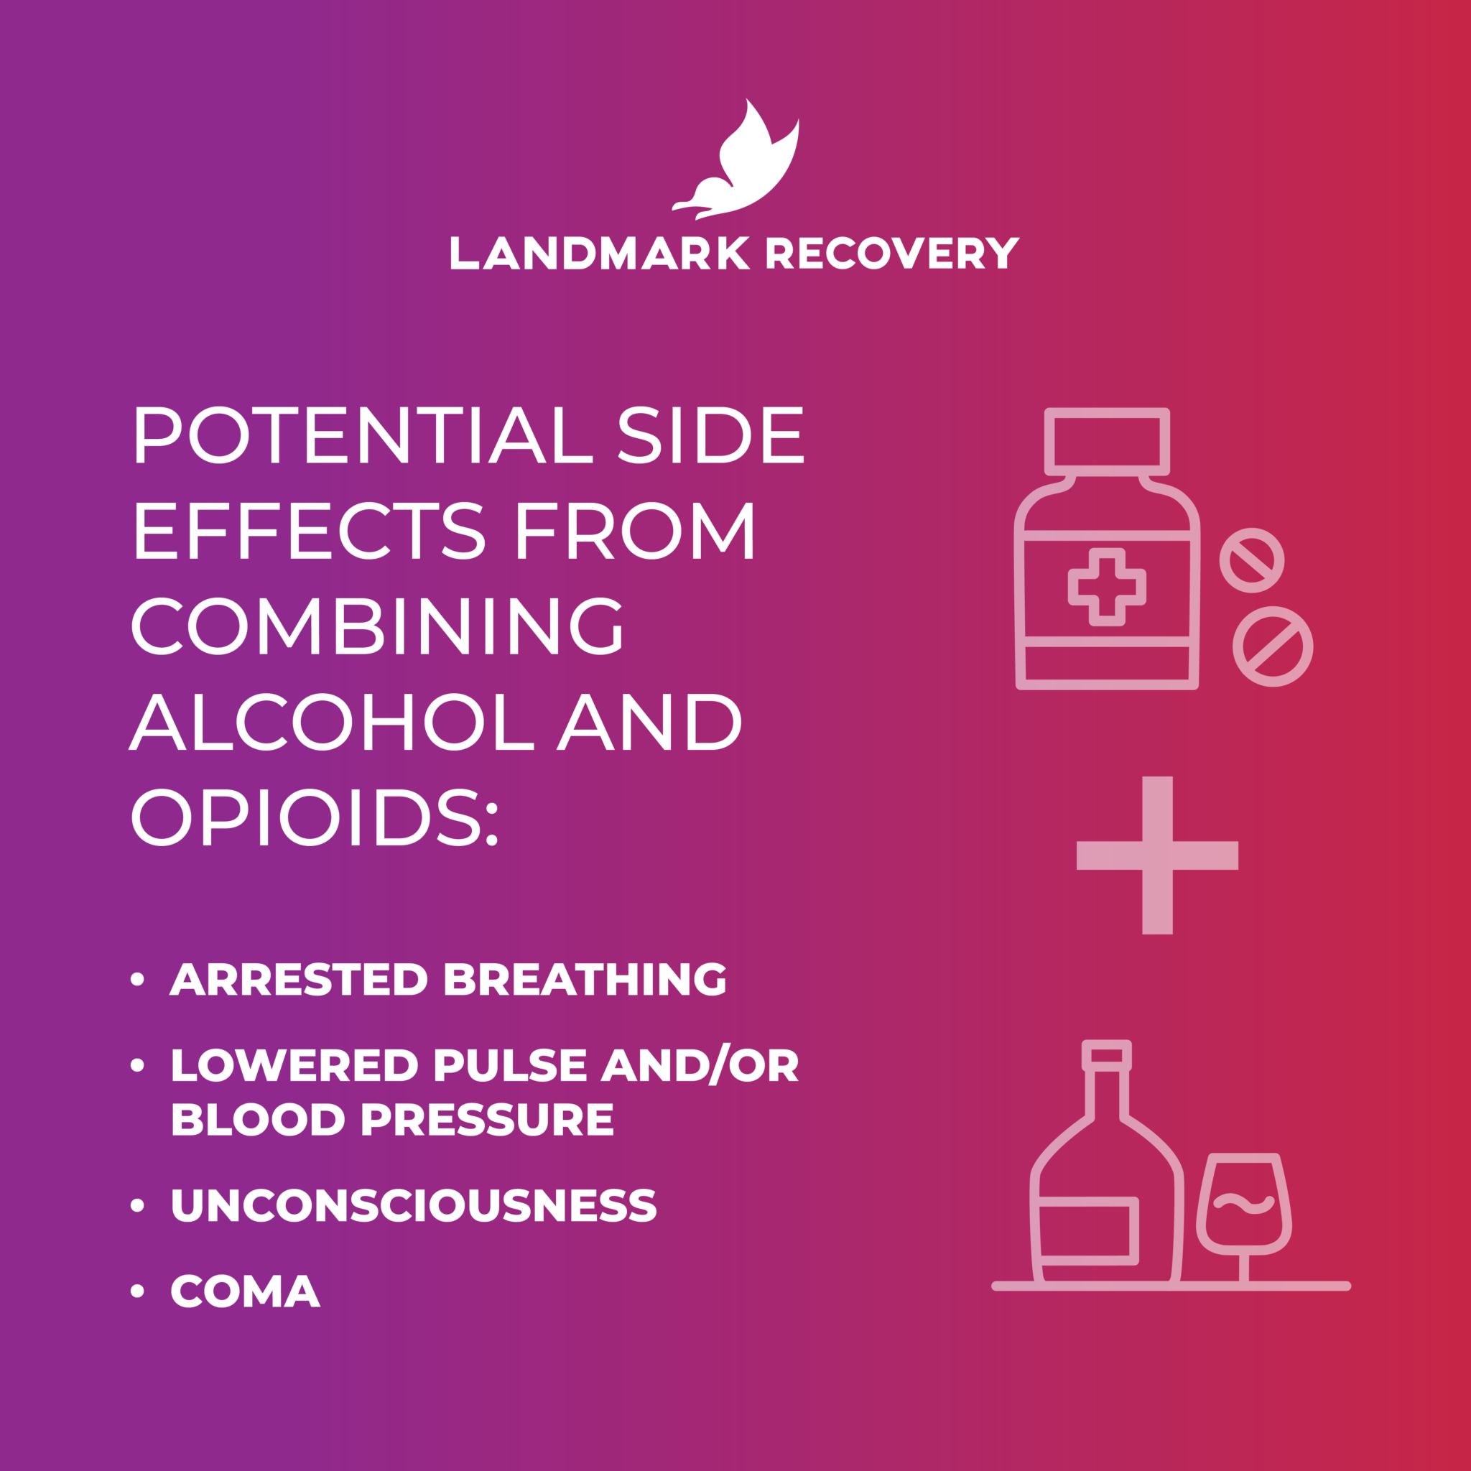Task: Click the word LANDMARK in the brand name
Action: (600, 254)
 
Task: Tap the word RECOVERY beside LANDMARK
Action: (891, 254)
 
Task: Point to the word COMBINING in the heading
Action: (379, 625)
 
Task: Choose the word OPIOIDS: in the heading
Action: (315, 817)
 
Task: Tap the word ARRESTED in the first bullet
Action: (299, 979)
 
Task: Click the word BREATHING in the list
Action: (585, 979)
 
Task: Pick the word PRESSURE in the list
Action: (487, 1119)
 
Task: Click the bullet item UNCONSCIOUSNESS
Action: (414, 1205)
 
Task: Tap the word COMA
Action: (245, 1291)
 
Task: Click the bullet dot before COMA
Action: (137, 1291)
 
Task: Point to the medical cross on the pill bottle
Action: (1107, 586)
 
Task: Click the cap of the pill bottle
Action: (1107, 442)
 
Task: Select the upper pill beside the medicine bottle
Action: (1252, 560)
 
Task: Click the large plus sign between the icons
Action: (1157, 855)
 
